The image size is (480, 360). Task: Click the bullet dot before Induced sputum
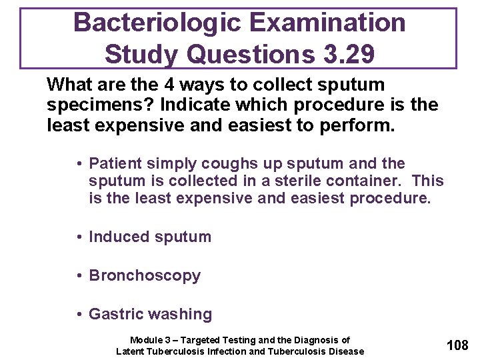point(79,237)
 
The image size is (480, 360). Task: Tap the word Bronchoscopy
point(145,275)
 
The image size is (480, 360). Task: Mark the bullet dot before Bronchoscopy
point(79,276)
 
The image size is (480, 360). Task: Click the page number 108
point(457,345)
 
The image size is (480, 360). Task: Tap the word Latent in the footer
point(131,351)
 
